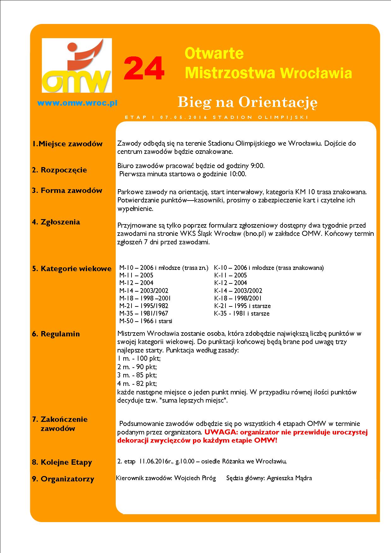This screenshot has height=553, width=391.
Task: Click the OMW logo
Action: click(x=77, y=65)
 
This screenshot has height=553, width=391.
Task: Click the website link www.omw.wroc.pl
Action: click(x=77, y=103)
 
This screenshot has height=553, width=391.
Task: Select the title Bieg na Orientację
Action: click(x=247, y=102)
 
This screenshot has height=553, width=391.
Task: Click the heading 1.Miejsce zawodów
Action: click(x=67, y=144)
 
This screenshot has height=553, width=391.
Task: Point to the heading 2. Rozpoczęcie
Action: click(x=59, y=170)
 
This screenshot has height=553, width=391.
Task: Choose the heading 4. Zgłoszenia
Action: click(x=56, y=222)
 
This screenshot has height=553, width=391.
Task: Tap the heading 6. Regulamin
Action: click(x=56, y=334)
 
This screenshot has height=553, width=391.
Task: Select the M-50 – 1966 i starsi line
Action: click(x=146, y=321)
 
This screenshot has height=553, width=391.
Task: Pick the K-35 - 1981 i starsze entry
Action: click(x=242, y=313)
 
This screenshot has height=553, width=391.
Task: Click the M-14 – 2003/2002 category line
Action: click(x=143, y=290)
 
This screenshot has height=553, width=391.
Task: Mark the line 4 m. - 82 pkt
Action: click(x=137, y=384)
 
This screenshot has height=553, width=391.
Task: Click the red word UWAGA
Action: click(x=218, y=432)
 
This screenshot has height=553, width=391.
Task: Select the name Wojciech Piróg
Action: click(x=195, y=478)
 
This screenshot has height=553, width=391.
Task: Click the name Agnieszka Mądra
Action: click(x=289, y=478)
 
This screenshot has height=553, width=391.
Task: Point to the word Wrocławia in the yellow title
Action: click(x=316, y=73)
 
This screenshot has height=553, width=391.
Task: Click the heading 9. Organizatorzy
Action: click(x=63, y=479)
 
